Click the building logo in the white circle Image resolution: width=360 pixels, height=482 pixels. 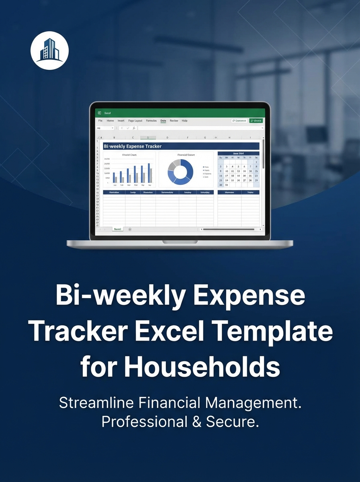[49, 51]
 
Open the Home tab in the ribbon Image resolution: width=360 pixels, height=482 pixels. [110, 120]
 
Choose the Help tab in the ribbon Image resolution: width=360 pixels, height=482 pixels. [184, 120]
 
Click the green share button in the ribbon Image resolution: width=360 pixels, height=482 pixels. [256, 120]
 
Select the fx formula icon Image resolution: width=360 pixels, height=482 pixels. [134, 128]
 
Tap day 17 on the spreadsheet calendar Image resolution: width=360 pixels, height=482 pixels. [227, 176]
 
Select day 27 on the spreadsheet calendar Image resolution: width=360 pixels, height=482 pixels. [245, 180]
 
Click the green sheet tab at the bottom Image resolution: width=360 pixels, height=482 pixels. [117, 229]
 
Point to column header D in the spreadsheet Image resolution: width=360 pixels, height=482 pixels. [167, 137]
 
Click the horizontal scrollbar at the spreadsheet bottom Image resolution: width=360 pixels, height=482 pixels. [229, 229]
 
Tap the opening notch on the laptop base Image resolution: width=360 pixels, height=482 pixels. [180, 242]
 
